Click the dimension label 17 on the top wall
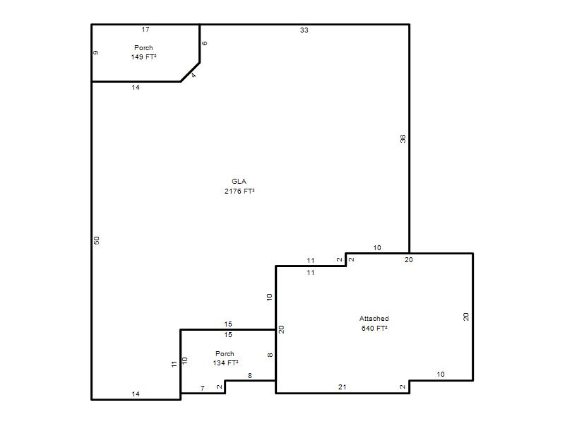pyautogui.click(x=145, y=30)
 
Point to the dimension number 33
pyautogui.click(x=304, y=30)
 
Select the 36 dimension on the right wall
pyautogui.click(x=403, y=139)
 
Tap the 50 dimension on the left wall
pyautogui.click(x=97, y=240)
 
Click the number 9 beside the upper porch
pyautogui.click(x=96, y=52)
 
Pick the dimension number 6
pyautogui.click(x=205, y=43)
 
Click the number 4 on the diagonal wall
pyautogui.click(x=194, y=76)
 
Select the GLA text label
pyautogui.click(x=239, y=182)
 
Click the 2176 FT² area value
pyautogui.click(x=239, y=191)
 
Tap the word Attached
pyautogui.click(x=374, y=319)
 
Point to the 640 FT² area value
pyautogui.click(x=374, y=328)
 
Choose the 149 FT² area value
pyautogui.click(x=143, y=57)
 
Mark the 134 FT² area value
pyautogui.click(x=225, y=363)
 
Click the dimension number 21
pyautogui.click(x=343, y=387)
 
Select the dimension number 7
pyautogui.click(x=203, y=388)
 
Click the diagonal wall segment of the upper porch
pyautogui.click(x=190, y=72)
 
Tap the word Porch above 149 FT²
pyautogui.click(x=143, y=47)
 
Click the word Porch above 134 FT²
pyautogui.click(x=225, y=354)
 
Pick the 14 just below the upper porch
pyautogui.click(x=136, y=87)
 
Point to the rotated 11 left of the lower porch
pyautogui.click(x=174, y=364)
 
